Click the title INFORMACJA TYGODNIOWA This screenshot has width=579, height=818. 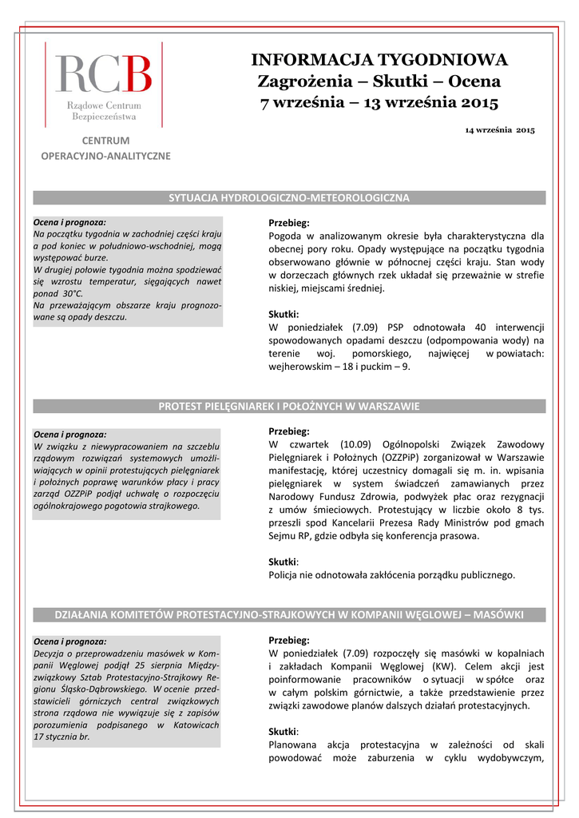click(379, 60)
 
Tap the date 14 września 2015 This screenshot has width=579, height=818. click(500, 129)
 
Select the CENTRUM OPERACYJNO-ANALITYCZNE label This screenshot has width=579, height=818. click(105, 149)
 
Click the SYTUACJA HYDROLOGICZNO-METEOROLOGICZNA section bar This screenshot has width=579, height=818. click(289, 197)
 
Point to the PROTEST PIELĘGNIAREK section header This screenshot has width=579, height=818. click(289, 407)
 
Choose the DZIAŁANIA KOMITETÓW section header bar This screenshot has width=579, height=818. click(289, 615)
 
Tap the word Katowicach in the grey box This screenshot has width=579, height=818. click(194, 725)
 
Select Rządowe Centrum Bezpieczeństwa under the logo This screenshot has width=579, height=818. click(103, 111)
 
